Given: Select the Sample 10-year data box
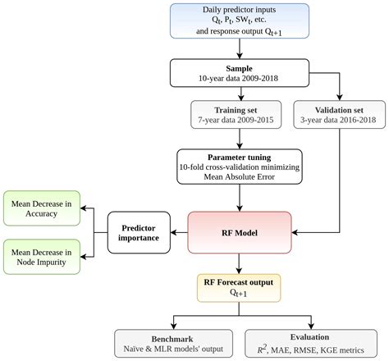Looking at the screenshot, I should coord(239,73).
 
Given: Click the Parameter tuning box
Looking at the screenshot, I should coord(239,167).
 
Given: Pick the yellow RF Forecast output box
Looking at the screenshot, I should coord(239,286).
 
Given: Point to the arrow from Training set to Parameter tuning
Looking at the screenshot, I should coord(239,139).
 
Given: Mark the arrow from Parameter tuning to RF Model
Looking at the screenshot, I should coord(239,199).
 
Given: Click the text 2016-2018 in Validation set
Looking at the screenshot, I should coord(357,122).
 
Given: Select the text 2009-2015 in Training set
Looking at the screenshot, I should coord(258,122).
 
